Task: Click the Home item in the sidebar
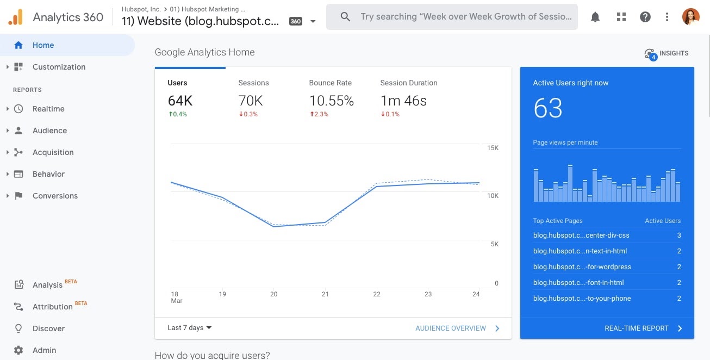pyautogui.click(x=43, y=45)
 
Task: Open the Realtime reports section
pyautogui.click(x=48, y=109)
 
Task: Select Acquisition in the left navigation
pyautogui.click(x=53, y=152)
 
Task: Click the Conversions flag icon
pyautogui.click(x=18, y=196)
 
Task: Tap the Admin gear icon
pyautogui.click(x=18, y=350)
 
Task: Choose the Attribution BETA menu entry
pyautogui.click(x=53, y=307)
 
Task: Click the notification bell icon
pyautogui.click(x=595, y=17)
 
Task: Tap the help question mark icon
pyautogui.click(x=645, y=17)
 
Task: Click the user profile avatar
pyautogui.click(x=690, y=17)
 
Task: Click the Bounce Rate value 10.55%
pyautogui.click(x=331, y=101)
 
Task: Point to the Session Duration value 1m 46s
pyautogui.click(x=403, y=101)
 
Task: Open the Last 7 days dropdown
pyautogui.click(x=190, y=328)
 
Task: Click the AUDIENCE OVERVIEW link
pyautogui.click(x=451, y=328)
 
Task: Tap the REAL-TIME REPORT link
pyautogui.click(x=637, y=328)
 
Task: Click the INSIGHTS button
pyautogui.click(x=667, y=53)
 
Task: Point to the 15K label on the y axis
pyautogui.click(x=493, y=148)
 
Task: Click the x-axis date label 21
pyautogui.click(x=325, y=294)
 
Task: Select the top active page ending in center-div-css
pyautogui.click(x=581, y=235)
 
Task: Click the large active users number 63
pyautogui.click(x=548, y=108)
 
